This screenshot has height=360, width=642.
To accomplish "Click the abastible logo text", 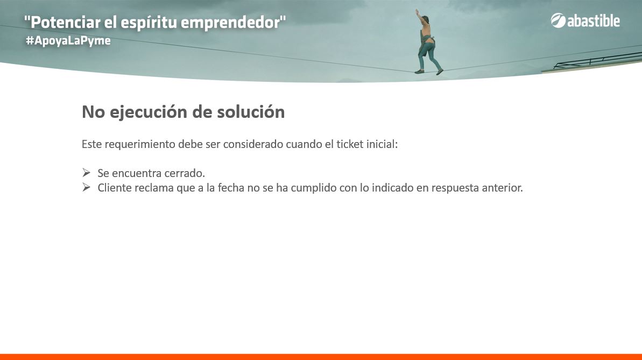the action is click(593, 21).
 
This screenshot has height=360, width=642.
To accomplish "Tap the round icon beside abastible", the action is click(558, 20).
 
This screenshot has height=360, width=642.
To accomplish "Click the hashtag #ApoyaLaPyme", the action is click(68, 41).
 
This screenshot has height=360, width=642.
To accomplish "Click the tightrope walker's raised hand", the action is click(417, 11).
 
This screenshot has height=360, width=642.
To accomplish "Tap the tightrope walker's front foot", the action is click(439, 72).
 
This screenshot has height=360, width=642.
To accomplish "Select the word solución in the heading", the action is click(251, 112).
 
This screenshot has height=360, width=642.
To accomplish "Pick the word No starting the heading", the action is click(93, 112).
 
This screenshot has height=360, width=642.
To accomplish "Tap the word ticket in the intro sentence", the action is click(350, 144).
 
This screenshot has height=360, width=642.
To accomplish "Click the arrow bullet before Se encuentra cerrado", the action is click(86, 172).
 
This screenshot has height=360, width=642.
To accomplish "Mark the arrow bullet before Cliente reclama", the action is click(86, 187).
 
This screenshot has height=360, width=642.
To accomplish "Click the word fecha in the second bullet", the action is click(228, 188).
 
